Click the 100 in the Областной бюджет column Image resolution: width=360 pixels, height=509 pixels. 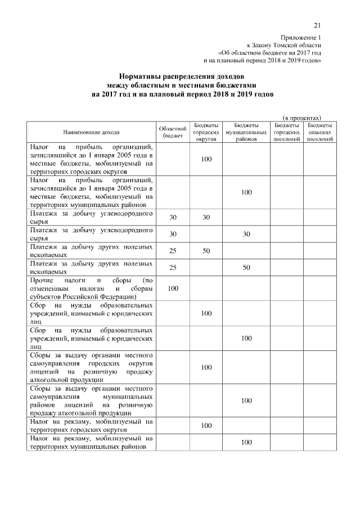(x=173, y=289)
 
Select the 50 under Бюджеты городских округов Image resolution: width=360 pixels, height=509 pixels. (x=206, y=250)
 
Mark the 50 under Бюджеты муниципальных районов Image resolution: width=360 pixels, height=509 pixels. (x=246, y=268)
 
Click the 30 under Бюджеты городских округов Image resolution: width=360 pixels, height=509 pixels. (x=206, y=217)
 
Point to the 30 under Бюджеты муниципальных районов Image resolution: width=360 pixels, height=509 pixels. (x=246, y=234)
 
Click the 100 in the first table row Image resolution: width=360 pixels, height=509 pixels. (x=206, y=159)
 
